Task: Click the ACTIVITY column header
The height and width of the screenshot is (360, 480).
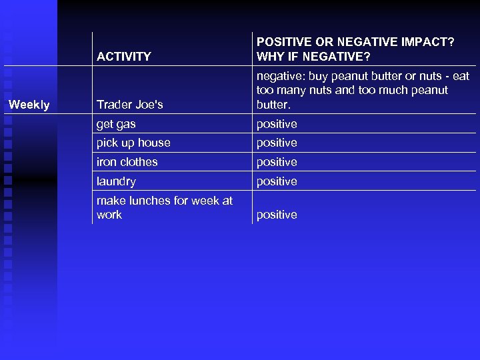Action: click(124, 57)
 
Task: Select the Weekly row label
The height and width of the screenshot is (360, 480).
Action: click(29, 105)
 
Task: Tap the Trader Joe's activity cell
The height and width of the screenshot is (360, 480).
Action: click(130, 105)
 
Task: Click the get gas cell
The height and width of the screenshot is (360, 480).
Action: click(116, 124)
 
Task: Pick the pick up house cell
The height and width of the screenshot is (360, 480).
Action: click(133, 143)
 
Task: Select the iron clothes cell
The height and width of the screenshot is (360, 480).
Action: click(127, 162)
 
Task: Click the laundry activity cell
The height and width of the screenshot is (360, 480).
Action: click(116, 181)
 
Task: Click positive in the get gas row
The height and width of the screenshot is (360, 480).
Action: click(277, 124)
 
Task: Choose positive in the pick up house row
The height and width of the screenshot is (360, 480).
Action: click(277, 143)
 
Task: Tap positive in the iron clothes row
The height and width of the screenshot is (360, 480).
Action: click(277, 162)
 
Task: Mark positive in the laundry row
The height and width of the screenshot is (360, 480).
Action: click(277, 181)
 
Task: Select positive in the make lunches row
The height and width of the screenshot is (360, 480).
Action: click(277, 215)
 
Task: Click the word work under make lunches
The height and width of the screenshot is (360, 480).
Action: click(109, 215)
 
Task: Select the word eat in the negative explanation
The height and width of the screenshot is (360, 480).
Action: click(460, 76)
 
